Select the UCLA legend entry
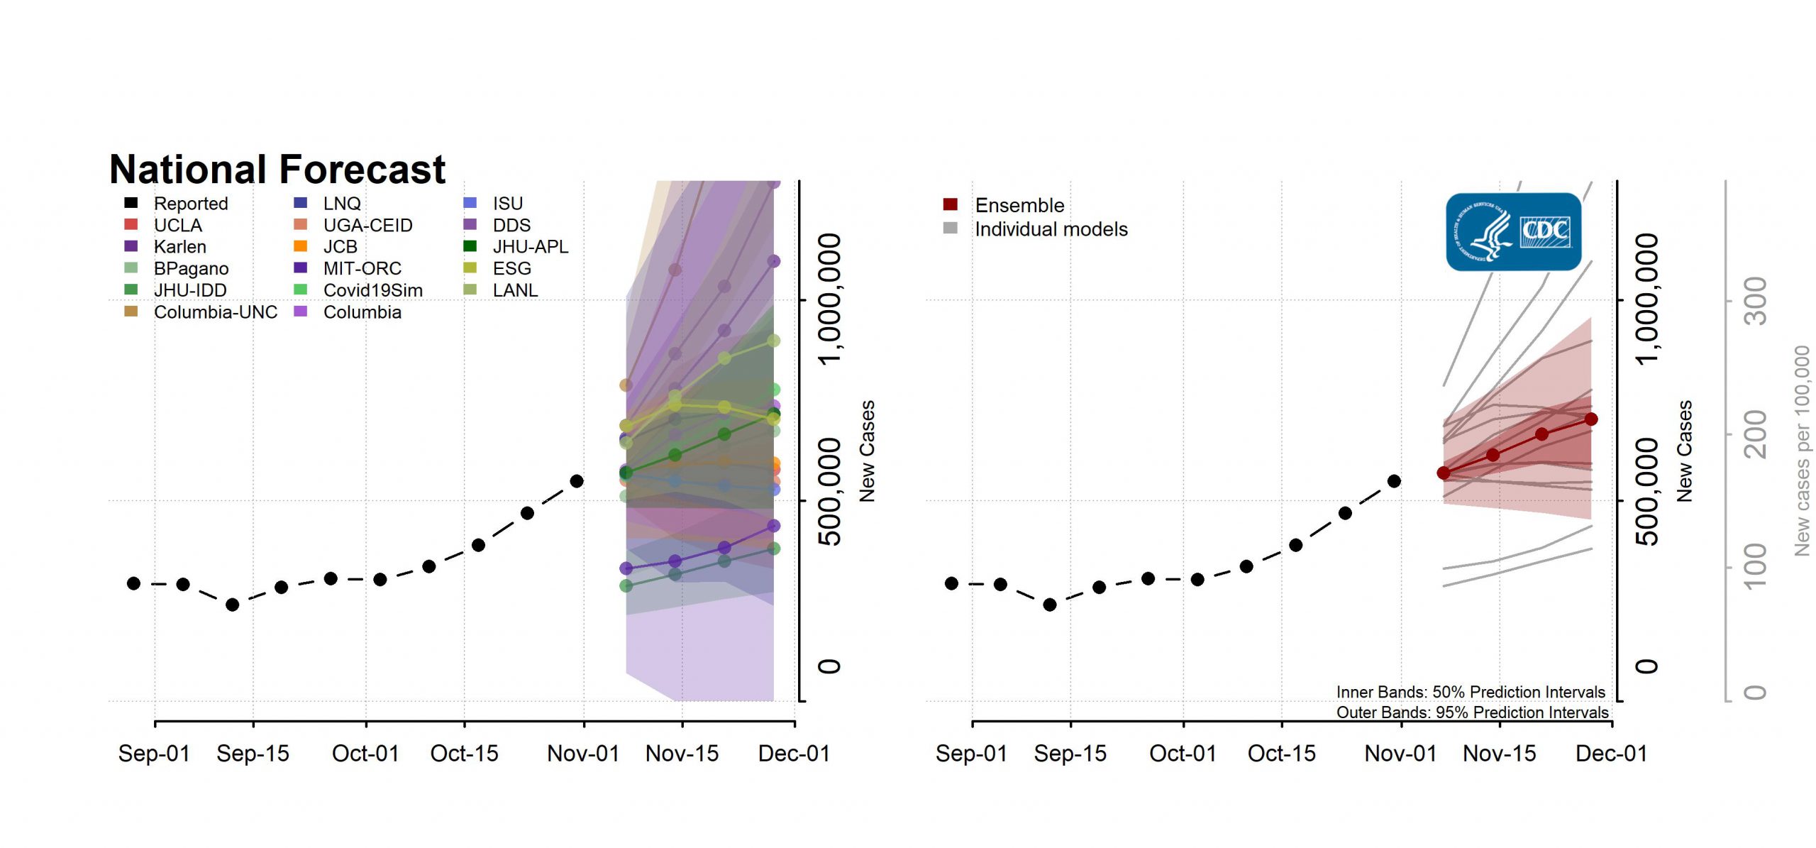coord(177,225)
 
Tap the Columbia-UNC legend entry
coord(215,312)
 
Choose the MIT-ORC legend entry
coord(362,269)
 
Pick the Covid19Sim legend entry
coord(372,290)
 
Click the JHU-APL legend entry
coord(530,247)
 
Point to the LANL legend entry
coord(514,290)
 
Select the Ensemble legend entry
coord(1019,206)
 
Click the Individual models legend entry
coord(1051,229)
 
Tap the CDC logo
coord(1513,232)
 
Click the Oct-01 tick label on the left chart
coord(365,754)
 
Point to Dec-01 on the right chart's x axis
coord(1611,754)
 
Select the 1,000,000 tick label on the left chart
coord(831,299)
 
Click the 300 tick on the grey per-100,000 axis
coord(1756,301)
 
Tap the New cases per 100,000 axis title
coord(1802,451)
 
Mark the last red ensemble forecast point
coord(1591,419)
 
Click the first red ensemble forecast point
coord(1444,473)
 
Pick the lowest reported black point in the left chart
coord(232,605)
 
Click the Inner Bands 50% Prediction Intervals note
coord(1470,692)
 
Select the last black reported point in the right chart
coord(1394,481)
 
